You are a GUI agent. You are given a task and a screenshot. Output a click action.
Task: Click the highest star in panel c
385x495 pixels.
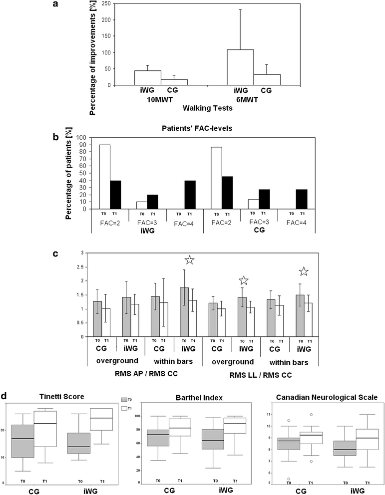(189, 260)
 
